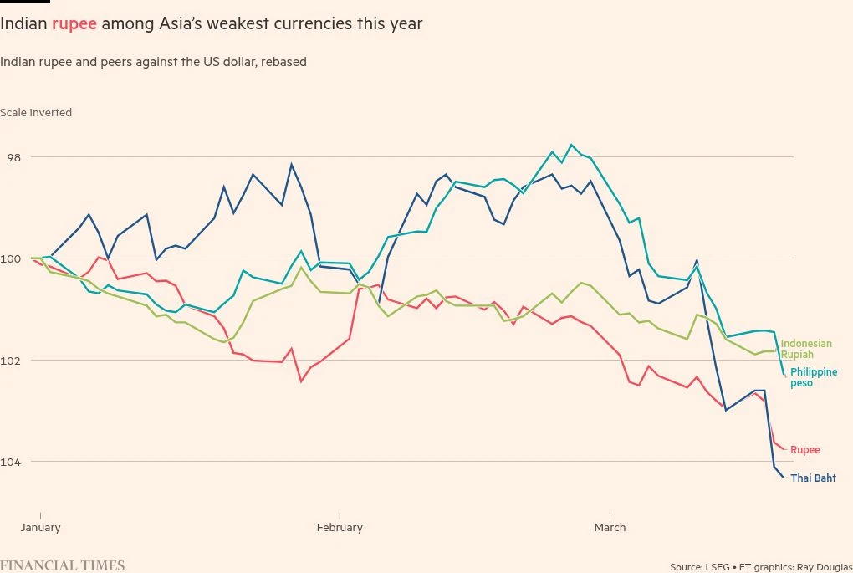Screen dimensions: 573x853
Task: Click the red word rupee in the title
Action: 74,24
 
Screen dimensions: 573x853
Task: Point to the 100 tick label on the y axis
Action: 11,258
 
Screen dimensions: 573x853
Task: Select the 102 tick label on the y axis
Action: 11,360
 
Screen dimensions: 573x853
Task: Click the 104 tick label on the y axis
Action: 11,461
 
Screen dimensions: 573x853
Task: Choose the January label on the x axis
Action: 40,528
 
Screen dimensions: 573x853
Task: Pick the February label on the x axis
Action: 340,528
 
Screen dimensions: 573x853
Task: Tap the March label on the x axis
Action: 610,528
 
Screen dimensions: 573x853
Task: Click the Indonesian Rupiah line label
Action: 806,349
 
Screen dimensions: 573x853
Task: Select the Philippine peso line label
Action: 814,377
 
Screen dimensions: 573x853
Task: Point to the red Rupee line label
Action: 805,450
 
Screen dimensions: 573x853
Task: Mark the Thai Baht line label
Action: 813,478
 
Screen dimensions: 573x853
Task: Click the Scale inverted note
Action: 36,113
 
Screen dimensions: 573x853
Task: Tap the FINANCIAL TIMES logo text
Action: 63,565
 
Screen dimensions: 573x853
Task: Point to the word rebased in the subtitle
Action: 285,62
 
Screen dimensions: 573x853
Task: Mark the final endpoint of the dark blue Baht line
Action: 784,478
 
